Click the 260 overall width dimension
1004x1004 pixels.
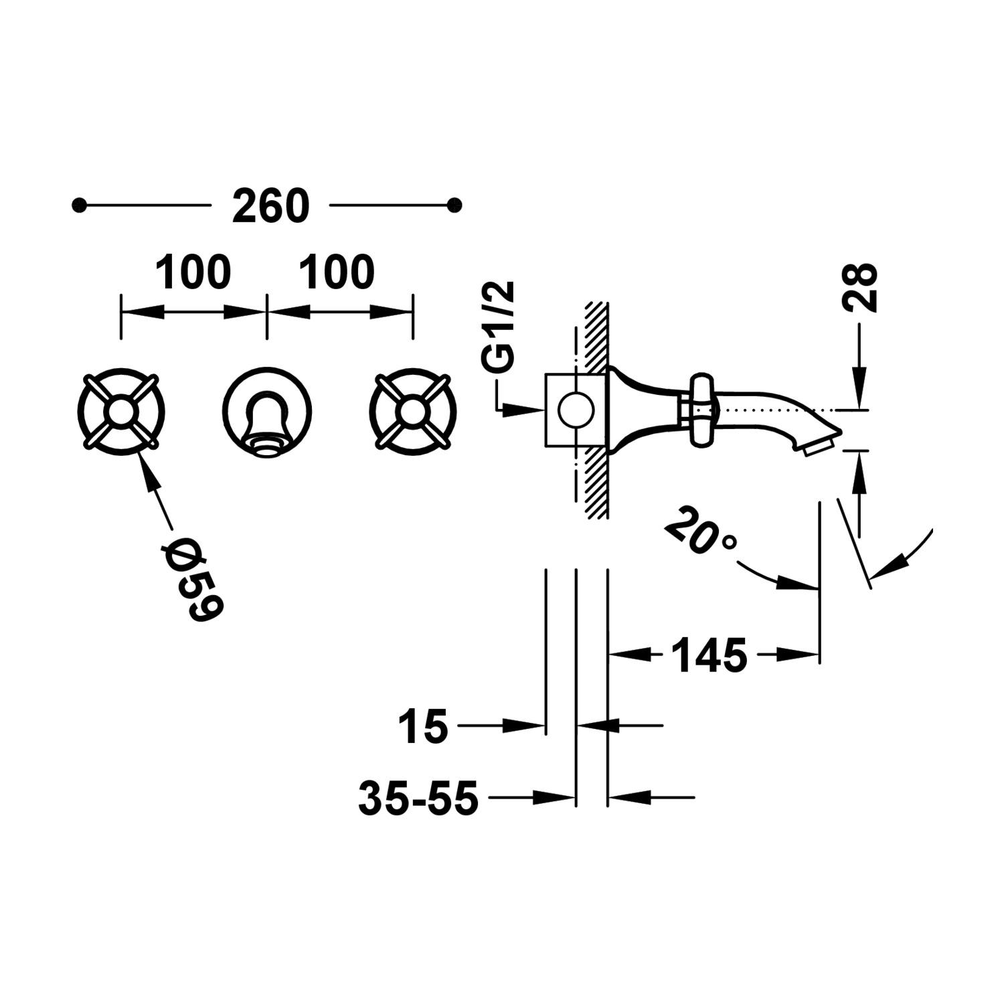(270, 207)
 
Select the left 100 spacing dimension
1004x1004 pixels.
(193, 273)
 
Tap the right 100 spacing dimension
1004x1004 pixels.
(337, 273)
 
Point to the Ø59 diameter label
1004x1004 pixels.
(193, 580)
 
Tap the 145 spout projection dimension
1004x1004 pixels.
(709, 656)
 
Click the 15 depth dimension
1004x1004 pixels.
(422, 727)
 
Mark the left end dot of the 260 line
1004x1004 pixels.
(80, 205)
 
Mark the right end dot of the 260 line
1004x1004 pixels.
(454, 205)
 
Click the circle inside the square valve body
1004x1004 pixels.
(576, 410)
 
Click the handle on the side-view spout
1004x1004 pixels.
(701, 410)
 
